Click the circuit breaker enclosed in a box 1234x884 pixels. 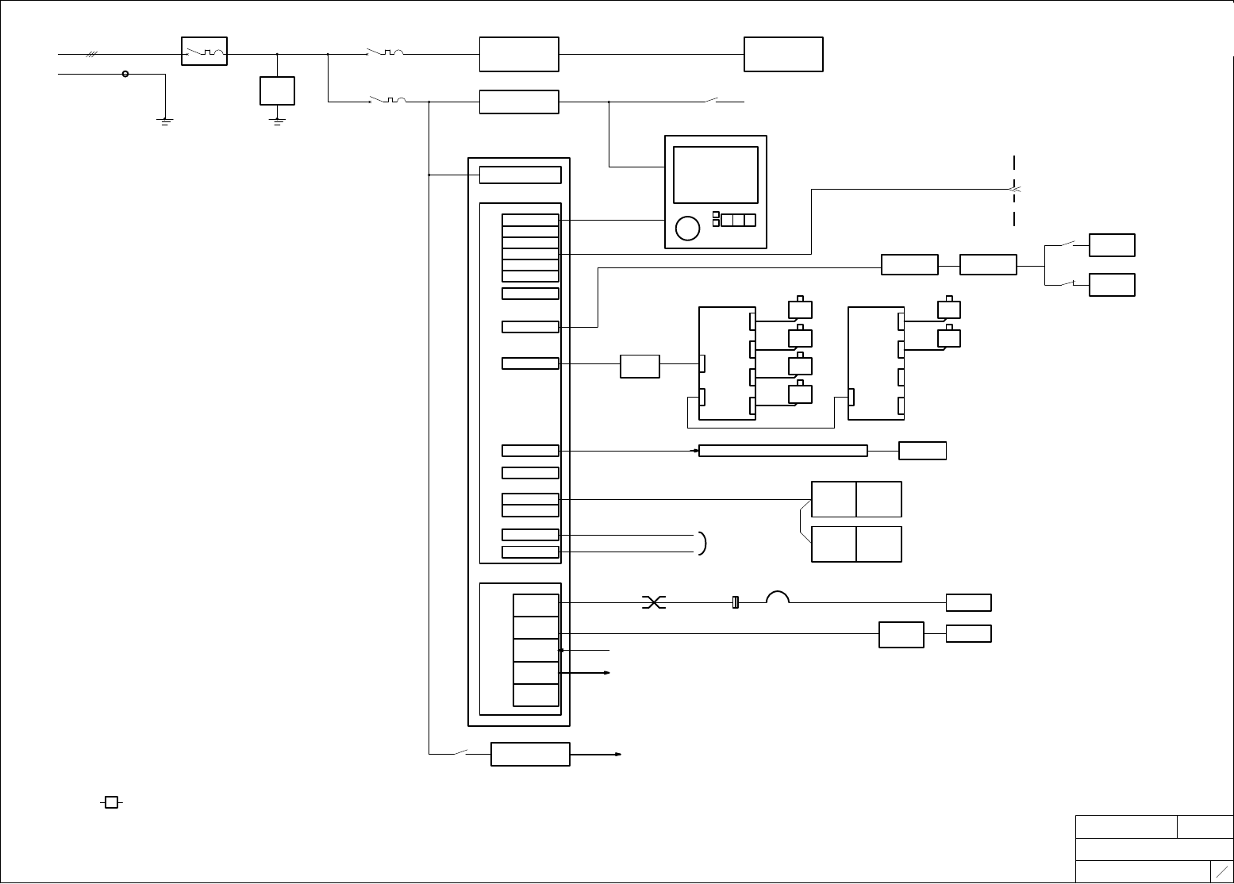click(204, 51)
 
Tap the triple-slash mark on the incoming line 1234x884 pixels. click(92, 55)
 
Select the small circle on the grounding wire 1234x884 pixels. click(125, 74)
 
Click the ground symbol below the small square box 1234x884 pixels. click(278, 121)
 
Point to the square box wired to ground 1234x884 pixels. click(277, 90)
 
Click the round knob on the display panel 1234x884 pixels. click(687, 228)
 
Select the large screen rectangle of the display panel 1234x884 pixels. click(715, 175)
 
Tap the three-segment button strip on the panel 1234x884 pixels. click(738, 220)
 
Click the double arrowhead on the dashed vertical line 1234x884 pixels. click(1013, 190)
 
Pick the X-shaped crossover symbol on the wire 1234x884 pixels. click(653, 603)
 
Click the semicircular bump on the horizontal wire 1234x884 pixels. click(777, 598)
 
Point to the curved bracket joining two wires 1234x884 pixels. click(703, 543)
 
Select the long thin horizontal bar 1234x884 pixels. click(782, 451)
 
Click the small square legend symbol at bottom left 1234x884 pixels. click(112, 802)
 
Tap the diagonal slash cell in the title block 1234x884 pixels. click(1222, 871)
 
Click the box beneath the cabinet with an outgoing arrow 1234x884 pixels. click(530, 754)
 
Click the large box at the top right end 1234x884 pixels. click(783, 54)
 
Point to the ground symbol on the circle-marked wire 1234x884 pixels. click(165, 121)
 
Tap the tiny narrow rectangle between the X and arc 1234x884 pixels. click(735, 603)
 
